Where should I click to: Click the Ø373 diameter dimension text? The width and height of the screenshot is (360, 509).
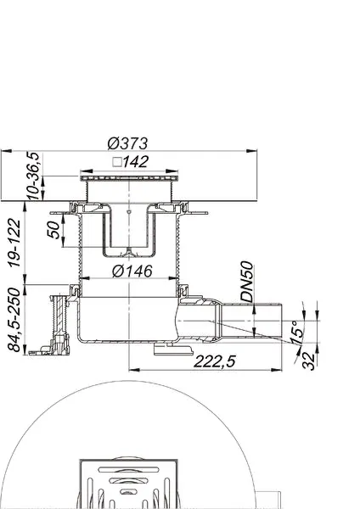(x=127, y=143)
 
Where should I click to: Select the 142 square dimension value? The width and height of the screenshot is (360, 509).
(x=136, y=162)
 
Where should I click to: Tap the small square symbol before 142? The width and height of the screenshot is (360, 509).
(x=117, y=162)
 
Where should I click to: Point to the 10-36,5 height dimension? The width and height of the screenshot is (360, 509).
(x=33, y=176)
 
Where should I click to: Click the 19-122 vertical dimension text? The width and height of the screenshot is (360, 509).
(x=14, y=243)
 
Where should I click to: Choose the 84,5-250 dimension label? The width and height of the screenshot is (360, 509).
(x=14, y=320)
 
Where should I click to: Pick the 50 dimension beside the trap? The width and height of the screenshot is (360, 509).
(x=54, y=230)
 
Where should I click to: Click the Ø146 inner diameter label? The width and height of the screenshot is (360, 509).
(x=132, y=271)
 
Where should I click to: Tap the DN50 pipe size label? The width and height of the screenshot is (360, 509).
(x=246, y=282)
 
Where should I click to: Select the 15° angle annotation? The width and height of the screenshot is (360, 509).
(x=297, y=332)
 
